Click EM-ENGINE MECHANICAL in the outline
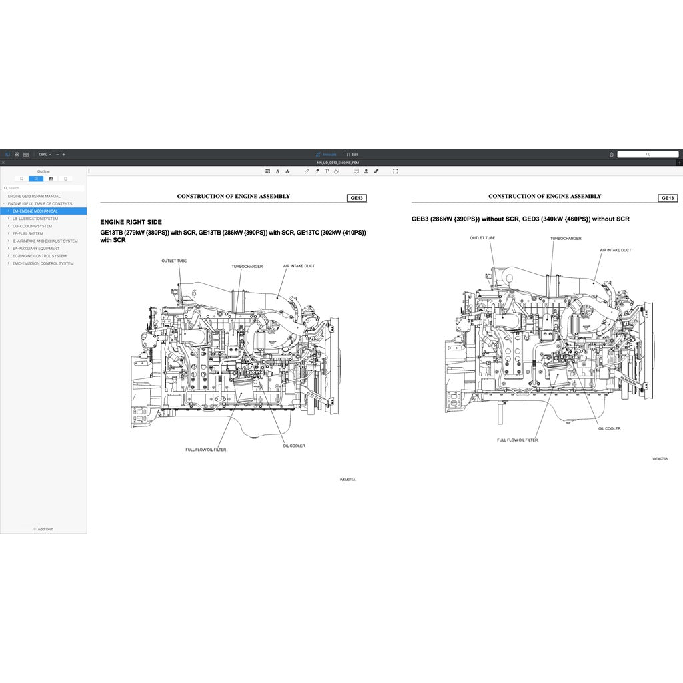(x=35, y=211)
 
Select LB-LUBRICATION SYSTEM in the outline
(x=35, y=219)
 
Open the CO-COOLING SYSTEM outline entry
(x=32, y=226)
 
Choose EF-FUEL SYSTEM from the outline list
(x=27, y=233)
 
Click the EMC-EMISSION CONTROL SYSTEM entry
(x=43, y=263)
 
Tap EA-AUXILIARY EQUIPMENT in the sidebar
(x=35, y=249)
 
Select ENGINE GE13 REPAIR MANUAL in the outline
(x=34, y=196)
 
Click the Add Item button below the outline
(x=43, y=529)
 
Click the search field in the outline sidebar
(x=43, y=188)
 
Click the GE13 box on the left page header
(x=357, y=198)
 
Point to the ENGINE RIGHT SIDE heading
(x=131, y=222)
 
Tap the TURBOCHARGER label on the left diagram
(x=247, y=267)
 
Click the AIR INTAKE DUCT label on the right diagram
(x=615, y=251)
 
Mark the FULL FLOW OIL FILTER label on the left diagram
(x=205, y=450)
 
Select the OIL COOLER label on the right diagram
(x=609, y=428)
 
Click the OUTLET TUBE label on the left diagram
(x=174, y=261)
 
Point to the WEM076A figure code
(x=660, y=459)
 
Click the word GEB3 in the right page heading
(x=420, y=219)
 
